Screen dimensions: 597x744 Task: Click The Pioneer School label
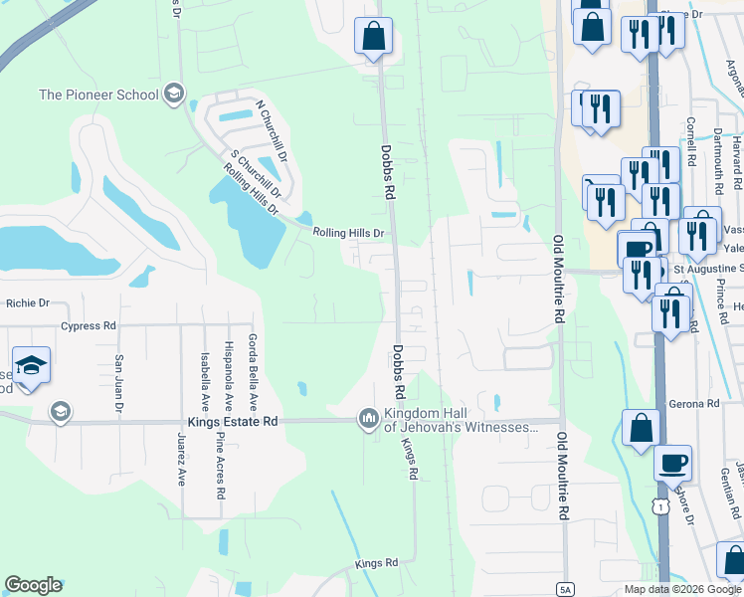[97, 95]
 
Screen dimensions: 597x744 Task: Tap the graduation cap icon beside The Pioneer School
[175, 95]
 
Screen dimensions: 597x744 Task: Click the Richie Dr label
[28, 303]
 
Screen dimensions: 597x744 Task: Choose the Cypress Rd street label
[89, 325]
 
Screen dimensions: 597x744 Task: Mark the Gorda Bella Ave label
[254, 373]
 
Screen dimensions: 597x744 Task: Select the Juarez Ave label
[181, 460]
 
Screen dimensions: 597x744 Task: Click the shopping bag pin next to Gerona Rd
[642, 428]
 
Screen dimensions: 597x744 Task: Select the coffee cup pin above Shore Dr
[672, 463]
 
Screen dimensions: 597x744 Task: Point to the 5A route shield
[566, 587]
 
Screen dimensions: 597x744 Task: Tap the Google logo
[34, 585]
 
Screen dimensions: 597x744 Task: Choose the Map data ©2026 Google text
[681, 589]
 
